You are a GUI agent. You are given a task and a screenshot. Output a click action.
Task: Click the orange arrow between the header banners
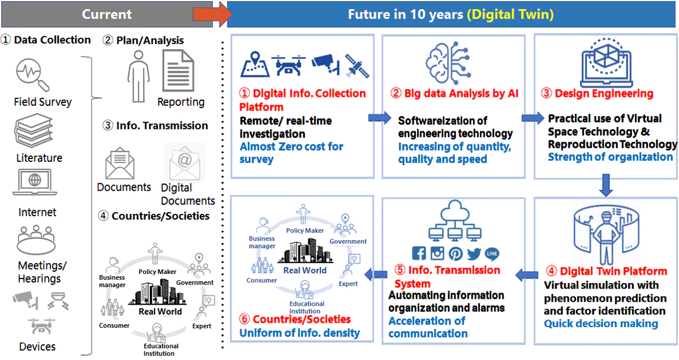(212, 14)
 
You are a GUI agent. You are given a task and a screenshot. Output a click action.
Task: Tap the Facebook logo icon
(419, 253)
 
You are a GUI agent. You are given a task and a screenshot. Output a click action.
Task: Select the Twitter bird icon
(474, 254)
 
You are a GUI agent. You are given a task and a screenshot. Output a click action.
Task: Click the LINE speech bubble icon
(492, 254)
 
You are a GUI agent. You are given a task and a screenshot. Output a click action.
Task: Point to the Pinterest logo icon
(455, 254)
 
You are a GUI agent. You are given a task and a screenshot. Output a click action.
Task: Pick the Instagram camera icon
(437, 253)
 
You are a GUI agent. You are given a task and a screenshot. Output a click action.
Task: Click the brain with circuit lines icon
(448, 62)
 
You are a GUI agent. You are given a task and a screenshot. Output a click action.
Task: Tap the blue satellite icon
(357, 66)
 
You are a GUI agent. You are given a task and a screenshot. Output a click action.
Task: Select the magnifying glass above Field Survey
(32, 75)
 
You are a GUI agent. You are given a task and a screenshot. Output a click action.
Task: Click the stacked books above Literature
(33, 131)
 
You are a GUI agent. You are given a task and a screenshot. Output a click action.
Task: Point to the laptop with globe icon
(35, 182)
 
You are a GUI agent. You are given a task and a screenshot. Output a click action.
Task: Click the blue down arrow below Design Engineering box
(605, 185)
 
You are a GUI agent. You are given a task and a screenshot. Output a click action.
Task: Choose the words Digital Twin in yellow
(510, 14)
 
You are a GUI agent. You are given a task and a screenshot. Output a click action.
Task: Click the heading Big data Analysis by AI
(454, 93)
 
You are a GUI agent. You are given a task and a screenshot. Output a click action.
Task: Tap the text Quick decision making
(601, 324)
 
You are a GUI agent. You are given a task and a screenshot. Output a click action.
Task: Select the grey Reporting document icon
(178, 71)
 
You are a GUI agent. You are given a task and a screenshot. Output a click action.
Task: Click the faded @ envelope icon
(184, 163)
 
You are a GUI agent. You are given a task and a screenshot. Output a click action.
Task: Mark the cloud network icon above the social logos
(455, 220)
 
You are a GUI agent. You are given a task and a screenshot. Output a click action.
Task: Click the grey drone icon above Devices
(41, 326)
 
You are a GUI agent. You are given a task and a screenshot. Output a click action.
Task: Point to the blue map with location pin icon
(255, 65)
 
